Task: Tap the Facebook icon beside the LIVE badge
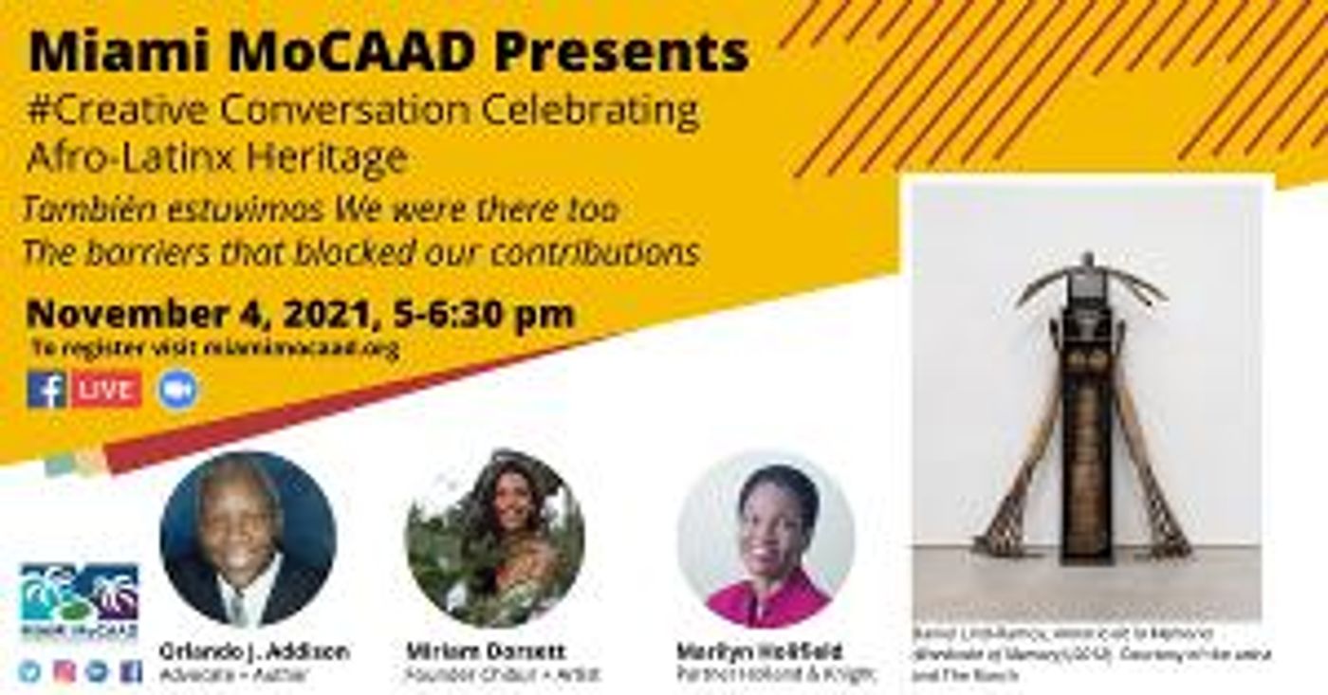pyautogui.click(x=46, y=390)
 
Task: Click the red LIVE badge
pyautogui.click(x=107, y=390)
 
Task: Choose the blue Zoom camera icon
pyautogui.click(x=177, y=390)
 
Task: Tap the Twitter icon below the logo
pyautogui.click(x=30, y=671)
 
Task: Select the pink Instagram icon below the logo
pyautogui.click(x=64, y=671)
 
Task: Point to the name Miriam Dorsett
pyautogui.click(x=486, y=652)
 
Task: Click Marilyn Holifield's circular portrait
pyautogui.click(x=765, y=540)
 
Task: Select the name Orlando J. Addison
pyautogui.click(x=253, y=652)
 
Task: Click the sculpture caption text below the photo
pyautogui.click(x=1091, y=654)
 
